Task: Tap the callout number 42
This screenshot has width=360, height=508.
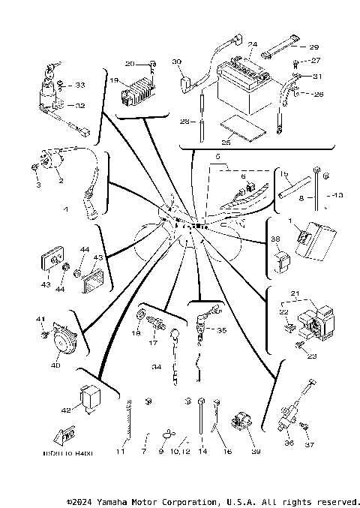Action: click(x=66, y=410)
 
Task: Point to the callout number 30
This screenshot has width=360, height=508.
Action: click(x=177, y=61)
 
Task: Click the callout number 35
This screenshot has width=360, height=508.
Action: click(x=221, y=329)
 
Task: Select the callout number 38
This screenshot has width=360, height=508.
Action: click(x=275, y=239)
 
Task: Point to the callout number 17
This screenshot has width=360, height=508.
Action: click(x=153, y=344)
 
